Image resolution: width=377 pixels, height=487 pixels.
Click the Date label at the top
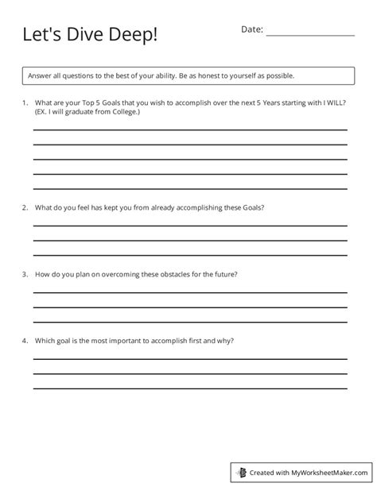click(251, 29)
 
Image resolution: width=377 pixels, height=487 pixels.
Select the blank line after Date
click(310, 35)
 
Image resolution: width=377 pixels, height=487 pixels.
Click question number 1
click(25, 103)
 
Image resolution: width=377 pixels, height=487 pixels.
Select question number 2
click(25, 207)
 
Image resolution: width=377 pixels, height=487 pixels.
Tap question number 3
click(25, 274)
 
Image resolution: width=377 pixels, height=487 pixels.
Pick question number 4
click(25, 341)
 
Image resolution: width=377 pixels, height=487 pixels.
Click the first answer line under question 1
click(189, 129)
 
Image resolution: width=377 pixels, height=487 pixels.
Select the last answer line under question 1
click(189, 187)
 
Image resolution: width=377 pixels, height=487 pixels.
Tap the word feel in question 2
click(84, 207)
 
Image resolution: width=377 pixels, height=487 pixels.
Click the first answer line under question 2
click(189, 226)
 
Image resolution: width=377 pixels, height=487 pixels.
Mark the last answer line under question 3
click(189, 321)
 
